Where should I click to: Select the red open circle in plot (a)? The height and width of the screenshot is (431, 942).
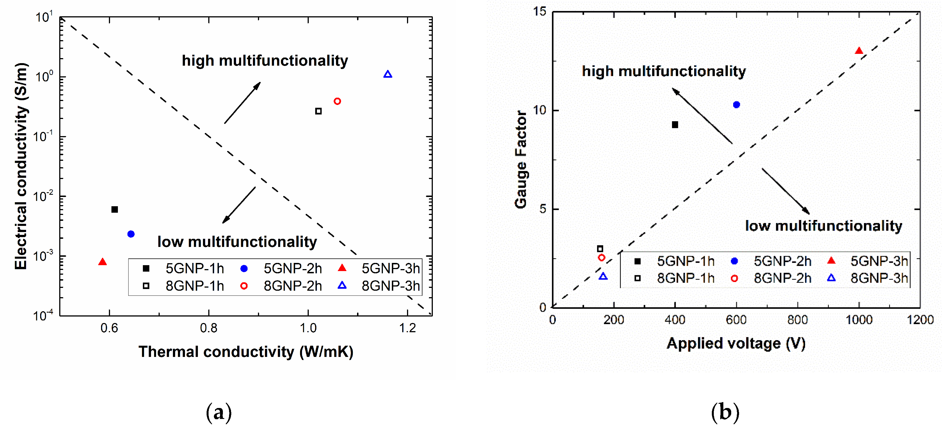click(x=337, y=101)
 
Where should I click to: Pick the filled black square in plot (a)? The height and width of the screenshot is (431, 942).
click(x=115, y=210)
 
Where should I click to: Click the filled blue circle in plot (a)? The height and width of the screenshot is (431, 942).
click(x=131, y=234)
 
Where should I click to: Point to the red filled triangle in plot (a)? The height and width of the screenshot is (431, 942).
click(x=102, y=262)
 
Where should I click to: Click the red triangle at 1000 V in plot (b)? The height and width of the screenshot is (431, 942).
click(x=859, y=51)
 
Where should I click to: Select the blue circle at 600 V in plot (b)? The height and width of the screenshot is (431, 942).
click(x=737, y=105)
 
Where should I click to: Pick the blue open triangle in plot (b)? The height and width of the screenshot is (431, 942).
click(x=603, y=276)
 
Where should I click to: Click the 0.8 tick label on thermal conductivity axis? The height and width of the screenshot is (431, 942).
click(x=209, y=328)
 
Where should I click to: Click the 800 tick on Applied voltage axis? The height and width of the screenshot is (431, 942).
click(x=797, y=320)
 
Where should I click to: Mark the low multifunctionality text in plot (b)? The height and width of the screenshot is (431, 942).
click(x=824, y=226)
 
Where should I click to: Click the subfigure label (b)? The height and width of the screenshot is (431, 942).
click(x=725, y=412)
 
